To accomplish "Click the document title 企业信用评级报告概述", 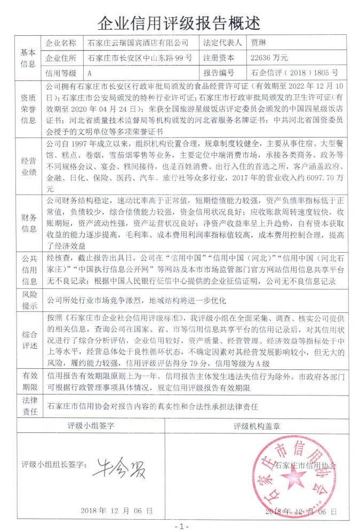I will coord(180,23).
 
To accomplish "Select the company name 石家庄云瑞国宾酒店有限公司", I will coord(138,43).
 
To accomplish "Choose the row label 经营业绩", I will coord(28,165).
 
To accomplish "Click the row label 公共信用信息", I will coord(28,270).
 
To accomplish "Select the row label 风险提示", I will coord(28,300).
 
